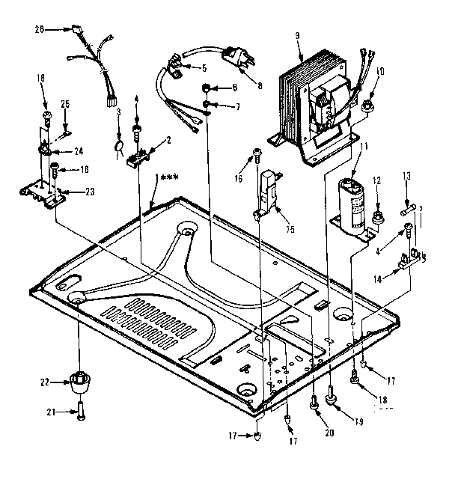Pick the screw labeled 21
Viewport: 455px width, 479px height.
point(79,409)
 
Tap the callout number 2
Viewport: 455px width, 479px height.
point(169,140)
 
